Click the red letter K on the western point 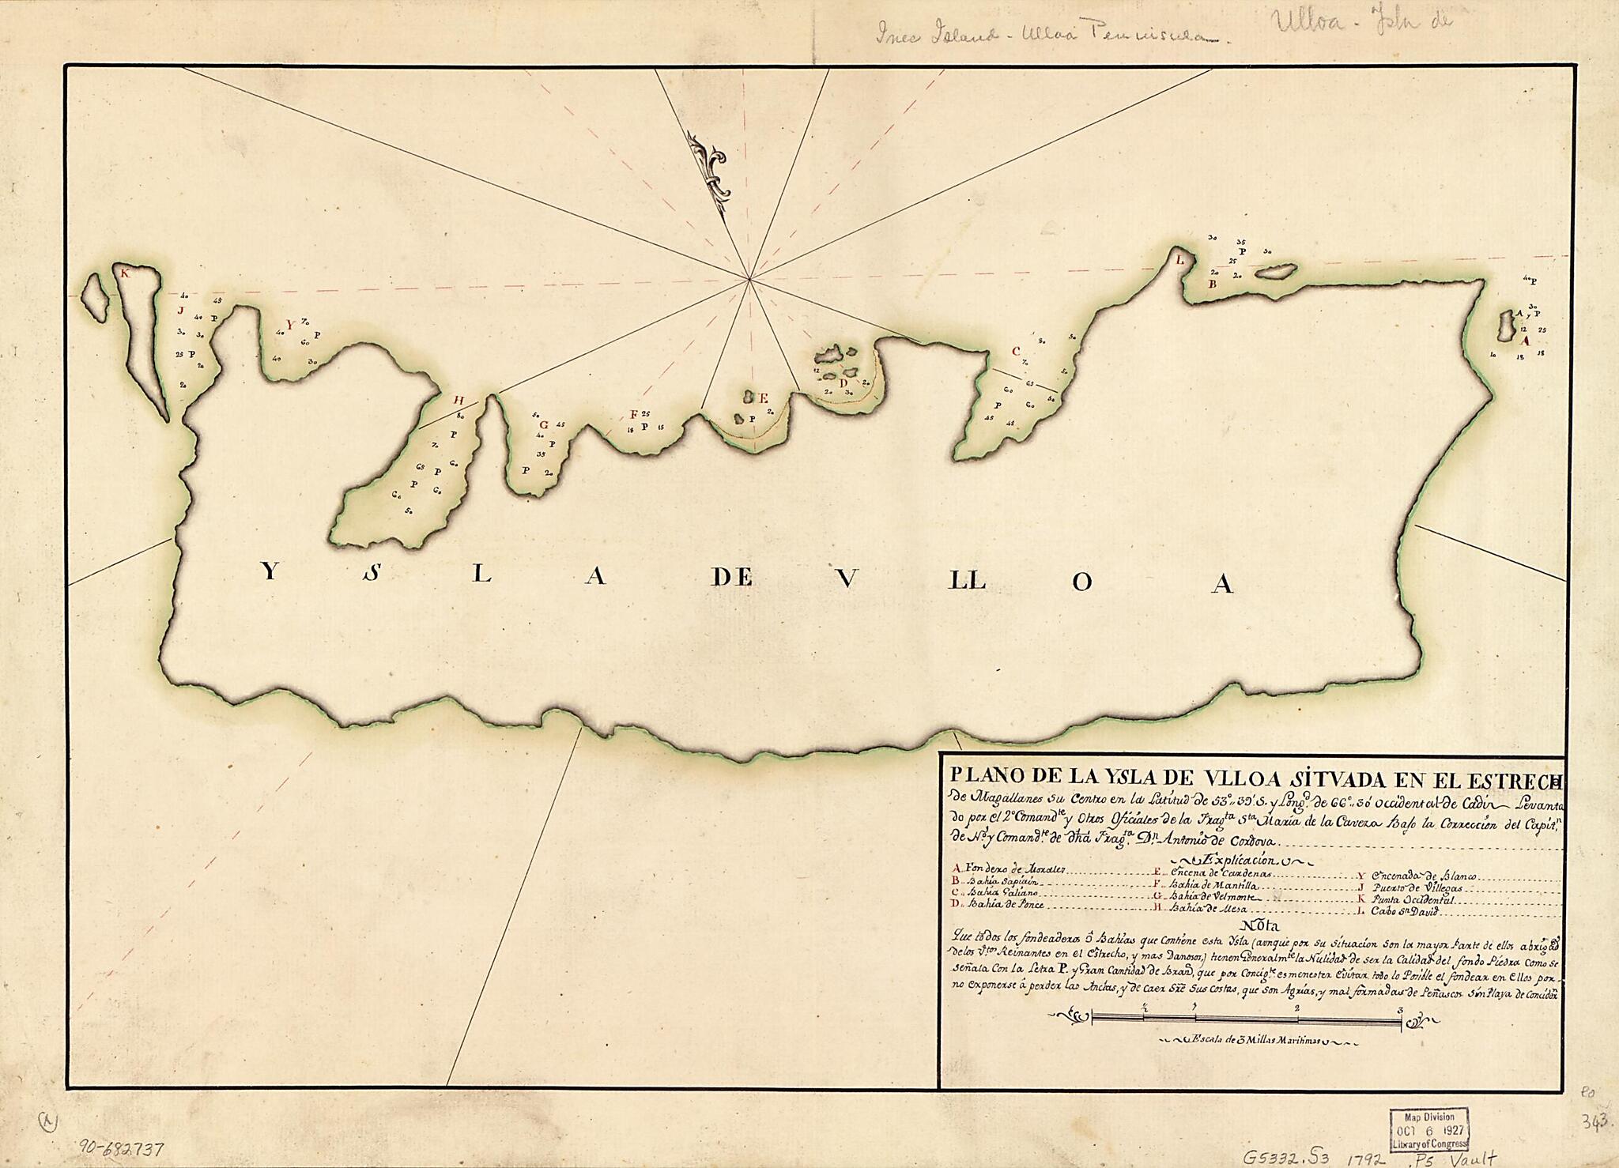point(124,273)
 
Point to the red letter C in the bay point(1016,350)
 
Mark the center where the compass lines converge point(749,278)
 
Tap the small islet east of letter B point(1272,271)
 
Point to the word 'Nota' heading point(1253,924)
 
